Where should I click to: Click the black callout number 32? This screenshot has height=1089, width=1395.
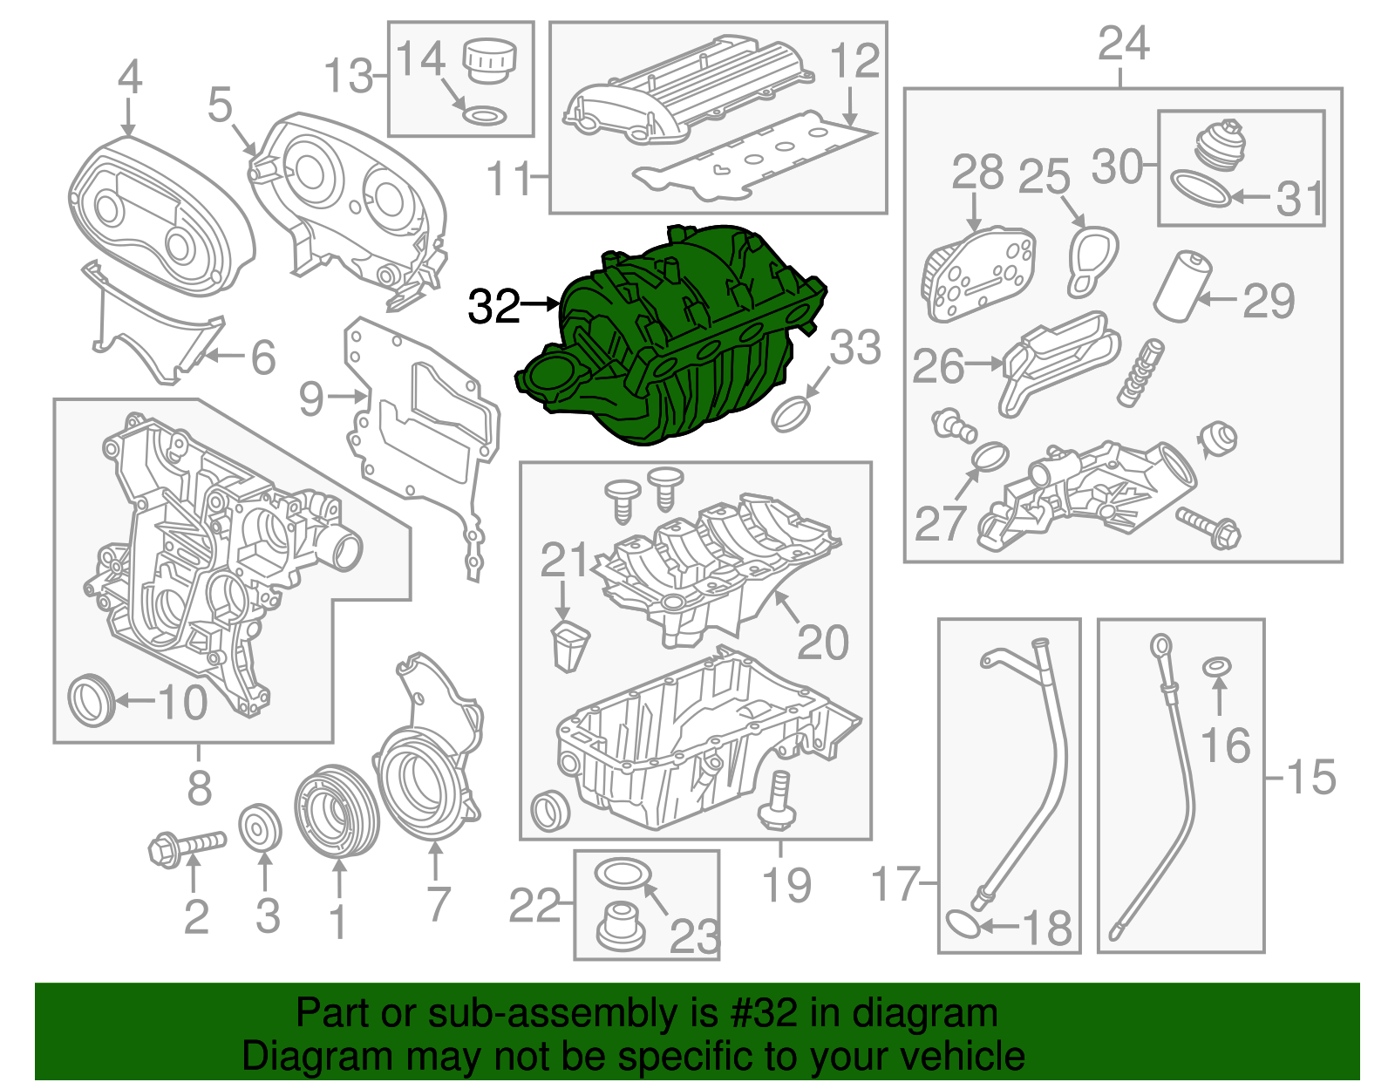[x=493, y=307]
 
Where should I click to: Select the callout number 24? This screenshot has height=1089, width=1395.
[x=1123, y=44]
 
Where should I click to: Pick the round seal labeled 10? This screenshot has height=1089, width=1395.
[x=91, y=700]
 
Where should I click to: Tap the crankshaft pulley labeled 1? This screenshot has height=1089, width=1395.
[x=337, y=812]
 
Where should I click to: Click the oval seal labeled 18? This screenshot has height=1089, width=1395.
[x=963, y=923]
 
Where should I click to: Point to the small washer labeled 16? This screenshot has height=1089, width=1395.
[x=1217, y=668]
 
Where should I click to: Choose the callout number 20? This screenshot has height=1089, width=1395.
[x=821, y=643]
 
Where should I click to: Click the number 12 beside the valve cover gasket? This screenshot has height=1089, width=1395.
[x=854, y=61]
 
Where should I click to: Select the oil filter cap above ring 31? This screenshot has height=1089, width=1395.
[x=1219, y=142]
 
